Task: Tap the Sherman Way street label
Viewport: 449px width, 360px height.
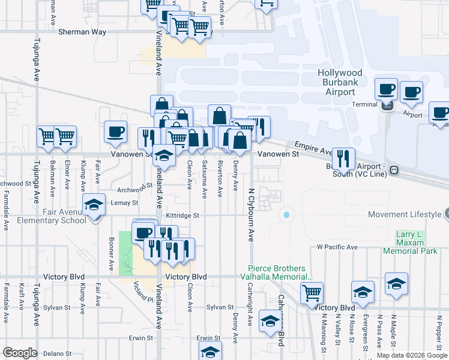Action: tap(82, 32)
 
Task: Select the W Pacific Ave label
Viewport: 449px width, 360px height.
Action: tap(337, 247)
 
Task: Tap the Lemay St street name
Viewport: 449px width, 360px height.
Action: tap(124, 203)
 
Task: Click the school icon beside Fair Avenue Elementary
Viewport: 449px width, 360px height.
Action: tap(94, 205)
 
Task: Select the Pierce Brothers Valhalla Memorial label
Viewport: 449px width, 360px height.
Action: tap(281, 273)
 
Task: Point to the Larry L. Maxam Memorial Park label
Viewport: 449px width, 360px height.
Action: tap(416, 242)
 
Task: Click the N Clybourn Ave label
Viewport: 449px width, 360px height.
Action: tap(251, 215)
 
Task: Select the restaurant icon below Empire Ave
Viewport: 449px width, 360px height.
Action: tap(343, 158)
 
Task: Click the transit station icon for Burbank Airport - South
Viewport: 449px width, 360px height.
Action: tap(394, 170)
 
